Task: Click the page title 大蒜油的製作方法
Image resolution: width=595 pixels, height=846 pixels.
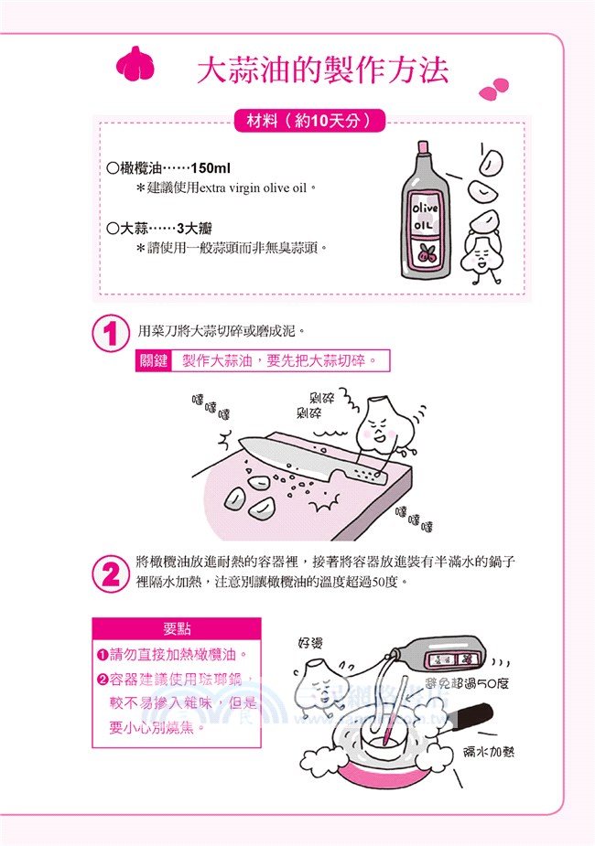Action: click(322, 71)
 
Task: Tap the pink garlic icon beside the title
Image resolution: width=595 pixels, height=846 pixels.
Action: click(135, 66)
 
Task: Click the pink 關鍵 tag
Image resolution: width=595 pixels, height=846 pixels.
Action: click(153, 361)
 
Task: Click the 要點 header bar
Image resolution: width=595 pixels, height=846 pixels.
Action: click(177, 629)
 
